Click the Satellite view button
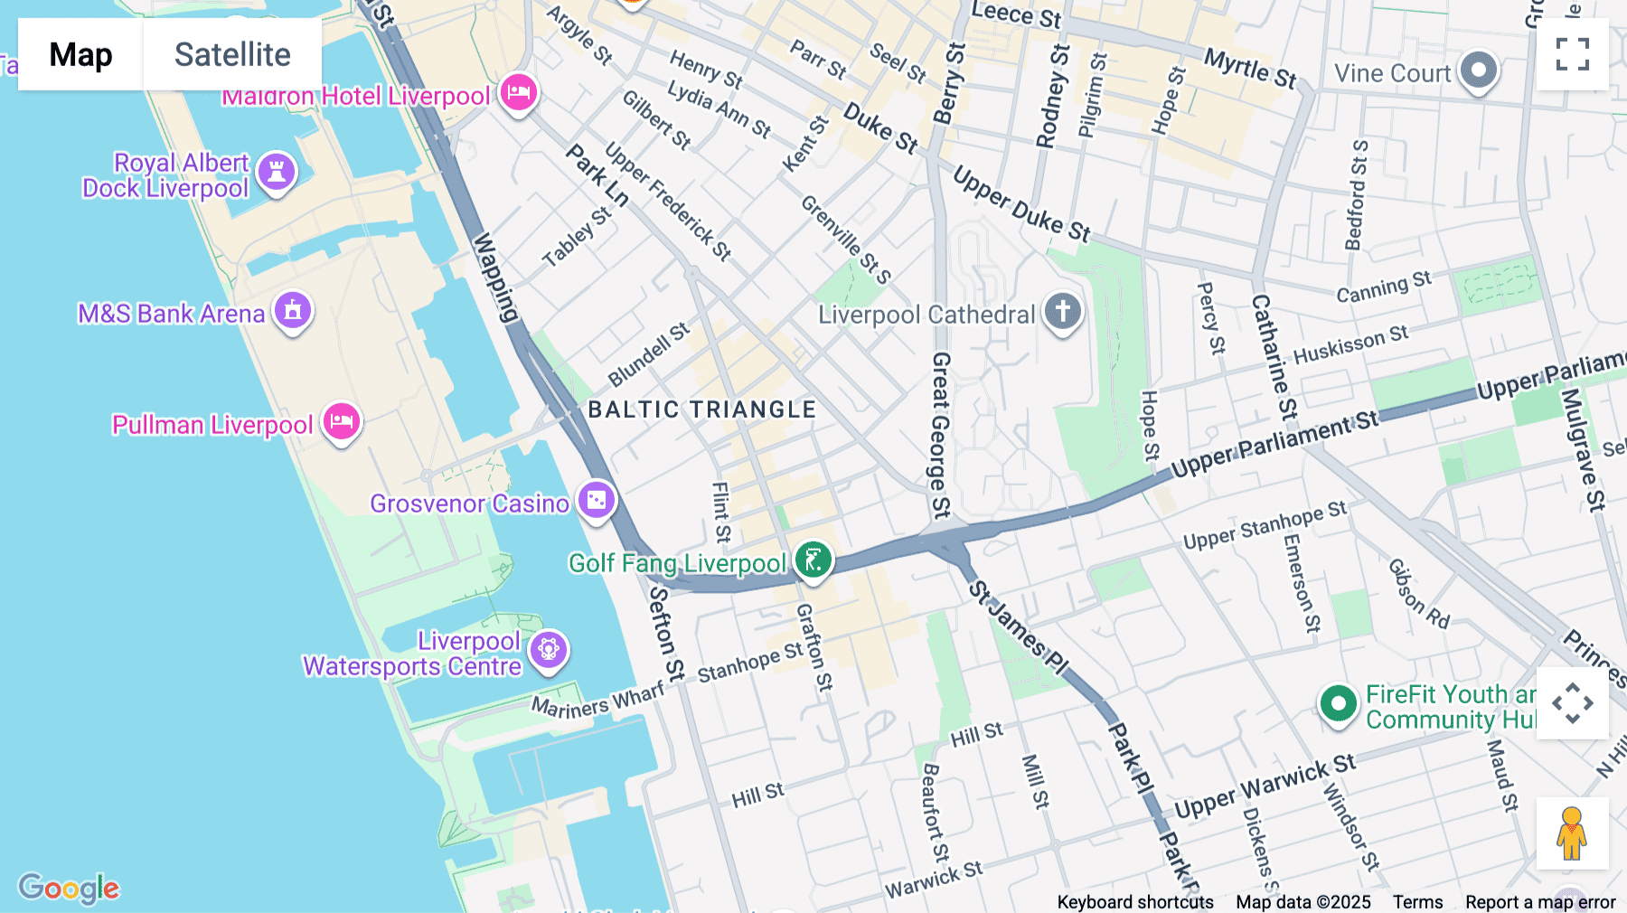[x=232, y=54]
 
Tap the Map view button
[x=80, y=54]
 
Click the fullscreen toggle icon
[x=1572, y=54]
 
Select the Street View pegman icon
[x=1572, y=833]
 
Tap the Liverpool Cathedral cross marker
[x=1063, y=311]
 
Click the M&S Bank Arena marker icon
[x=293, y=311]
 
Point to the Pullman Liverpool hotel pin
[x=342, y=421]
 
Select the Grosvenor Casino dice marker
[x=597, y=500]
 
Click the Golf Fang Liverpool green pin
[x=813, y=560]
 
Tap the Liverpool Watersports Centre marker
[x=549, y=649]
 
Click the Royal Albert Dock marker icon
[x=277, y=172]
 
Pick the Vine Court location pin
[x=1479, y=70]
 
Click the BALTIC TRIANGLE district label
[x=702, y=409]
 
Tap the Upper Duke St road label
[x=1022, y=205]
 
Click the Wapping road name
[x=495, y=278]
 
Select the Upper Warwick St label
[x=1265, y=786]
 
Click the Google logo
[x=69, y=888]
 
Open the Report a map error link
[x=1540, y=902]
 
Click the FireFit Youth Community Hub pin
[x=1338, y=703]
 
